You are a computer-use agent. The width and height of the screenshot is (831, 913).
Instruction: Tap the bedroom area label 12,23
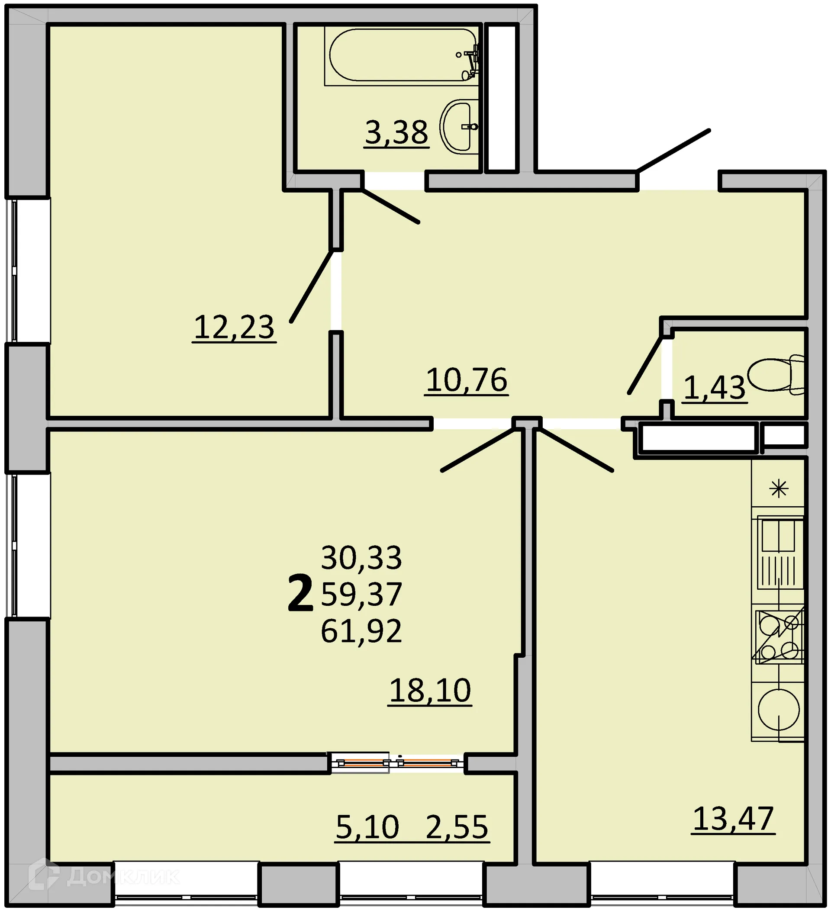tap(234, 327)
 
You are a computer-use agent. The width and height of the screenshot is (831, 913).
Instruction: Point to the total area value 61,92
tap(361, 631)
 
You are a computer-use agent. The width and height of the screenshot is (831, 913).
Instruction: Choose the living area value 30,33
tap(361, 557)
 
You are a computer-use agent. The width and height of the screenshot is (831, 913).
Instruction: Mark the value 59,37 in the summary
tap(361, 594)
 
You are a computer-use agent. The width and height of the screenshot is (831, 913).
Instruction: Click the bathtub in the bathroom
tap(401, 55)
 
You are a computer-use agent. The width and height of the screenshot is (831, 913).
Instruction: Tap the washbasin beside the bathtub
tap(458, 127)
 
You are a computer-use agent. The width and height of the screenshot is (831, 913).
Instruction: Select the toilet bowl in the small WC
tap(775, 375)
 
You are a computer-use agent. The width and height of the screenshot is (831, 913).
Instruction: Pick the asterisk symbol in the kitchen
tap(779, 488)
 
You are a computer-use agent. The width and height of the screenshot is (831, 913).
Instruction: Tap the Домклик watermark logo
tap(104, 876)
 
